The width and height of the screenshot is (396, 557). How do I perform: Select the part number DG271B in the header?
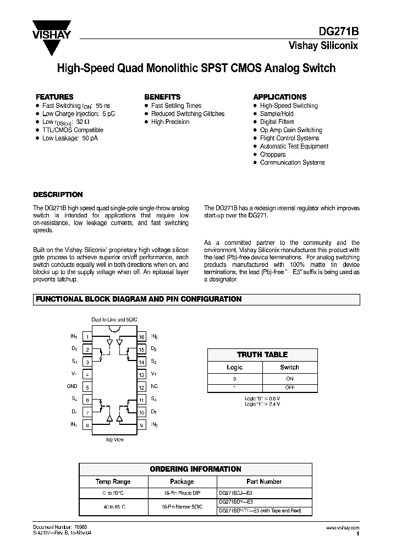tap(341, 32)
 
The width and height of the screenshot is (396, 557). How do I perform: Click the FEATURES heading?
tap(54, 96)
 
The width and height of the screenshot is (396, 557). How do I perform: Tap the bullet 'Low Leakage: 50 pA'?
tap(70, 138)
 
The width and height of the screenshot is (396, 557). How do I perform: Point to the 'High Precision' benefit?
tap(170, 122)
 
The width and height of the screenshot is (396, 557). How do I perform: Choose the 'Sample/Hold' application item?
tap(277, 113)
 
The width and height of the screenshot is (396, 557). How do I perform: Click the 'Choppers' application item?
tap(273, 155)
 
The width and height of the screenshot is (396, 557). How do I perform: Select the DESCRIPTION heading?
tap(58, 194)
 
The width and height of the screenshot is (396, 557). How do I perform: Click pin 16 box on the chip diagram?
tap(141, 337)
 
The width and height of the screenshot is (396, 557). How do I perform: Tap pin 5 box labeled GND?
tap(87, 387)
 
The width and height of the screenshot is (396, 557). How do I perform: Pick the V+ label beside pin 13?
tap(155, 374)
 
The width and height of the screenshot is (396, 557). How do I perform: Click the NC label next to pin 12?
tap(155, 387)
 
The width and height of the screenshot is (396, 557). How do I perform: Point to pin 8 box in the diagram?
tap(87, 425)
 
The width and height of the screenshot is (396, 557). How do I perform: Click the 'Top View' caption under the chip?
tap(114, 440)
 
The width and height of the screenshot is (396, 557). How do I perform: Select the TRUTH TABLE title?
tap(262, 354)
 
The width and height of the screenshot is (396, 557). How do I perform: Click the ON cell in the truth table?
tap(289, 379)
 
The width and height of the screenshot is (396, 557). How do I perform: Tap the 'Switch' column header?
tap(289, 367)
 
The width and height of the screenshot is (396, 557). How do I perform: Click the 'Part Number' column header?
tap(264, 481)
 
